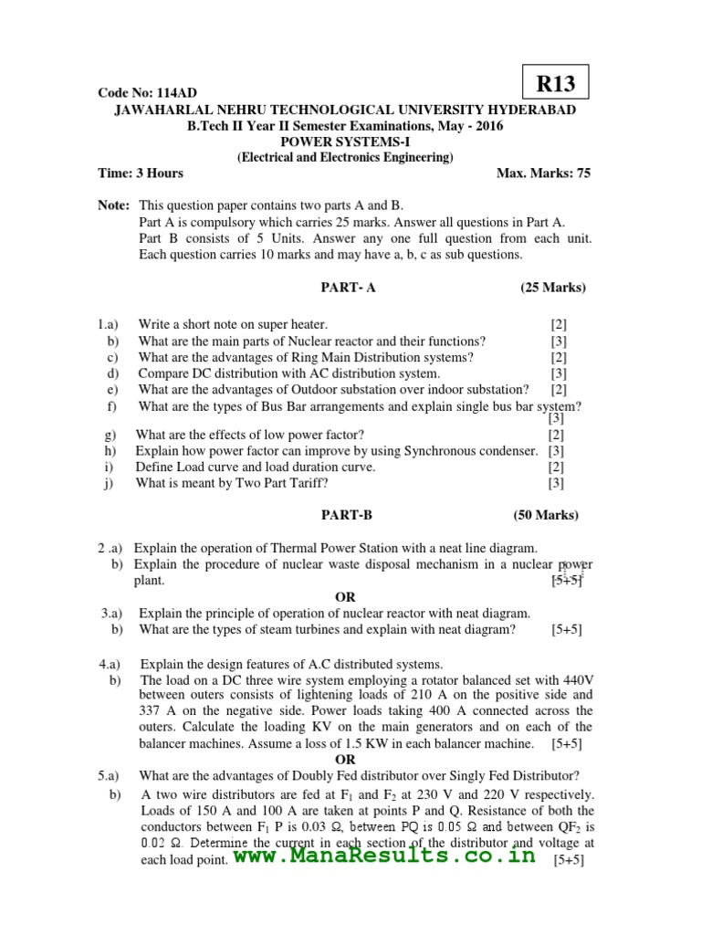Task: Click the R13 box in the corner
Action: pos(556,83)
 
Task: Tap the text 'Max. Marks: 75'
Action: pos(543,173)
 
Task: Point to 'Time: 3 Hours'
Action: pos(141,173)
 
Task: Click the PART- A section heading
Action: pos(348,288)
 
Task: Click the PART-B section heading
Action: pos(347,515)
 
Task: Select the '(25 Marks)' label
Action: pos(553,288)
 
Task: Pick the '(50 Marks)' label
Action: pos(546,515)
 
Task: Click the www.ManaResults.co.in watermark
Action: pos(383,856)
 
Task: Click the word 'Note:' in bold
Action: pos(114,206)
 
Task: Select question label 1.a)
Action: pos(109,324)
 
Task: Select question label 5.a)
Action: pos(110,776)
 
